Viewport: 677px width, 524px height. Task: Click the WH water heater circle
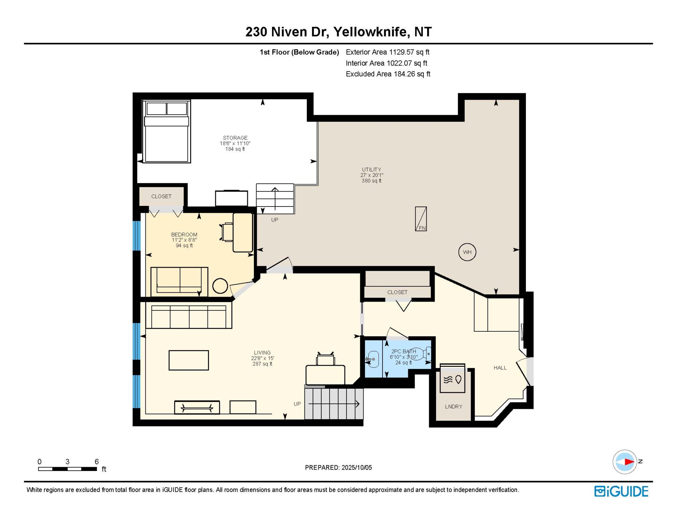[467, 252]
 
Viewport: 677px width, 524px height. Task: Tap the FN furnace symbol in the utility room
[421, 219]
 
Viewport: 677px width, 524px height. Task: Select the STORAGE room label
[235, 138]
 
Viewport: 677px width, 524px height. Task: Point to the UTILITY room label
[372, 169]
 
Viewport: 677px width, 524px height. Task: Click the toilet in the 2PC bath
[422, 354]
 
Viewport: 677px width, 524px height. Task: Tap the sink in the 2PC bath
[372, 359]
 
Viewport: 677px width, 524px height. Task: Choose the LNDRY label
[454, 406]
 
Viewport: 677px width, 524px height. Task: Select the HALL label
[500, 368]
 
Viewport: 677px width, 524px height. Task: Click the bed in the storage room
[167, 131]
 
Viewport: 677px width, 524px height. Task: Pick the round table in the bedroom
[220, 286]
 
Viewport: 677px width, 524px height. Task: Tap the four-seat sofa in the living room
[189, 317]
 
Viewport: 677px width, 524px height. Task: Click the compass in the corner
[625, 462]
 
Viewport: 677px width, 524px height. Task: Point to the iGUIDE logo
[621, 492]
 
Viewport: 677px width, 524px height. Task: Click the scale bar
[67, 469]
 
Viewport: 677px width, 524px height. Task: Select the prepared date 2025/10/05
[357, 467]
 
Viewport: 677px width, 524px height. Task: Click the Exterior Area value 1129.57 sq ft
[409, 52]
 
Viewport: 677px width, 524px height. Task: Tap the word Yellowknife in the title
[370, 32]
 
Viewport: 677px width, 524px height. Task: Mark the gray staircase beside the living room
[334, 404]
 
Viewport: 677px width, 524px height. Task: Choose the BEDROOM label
[184, 234]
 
